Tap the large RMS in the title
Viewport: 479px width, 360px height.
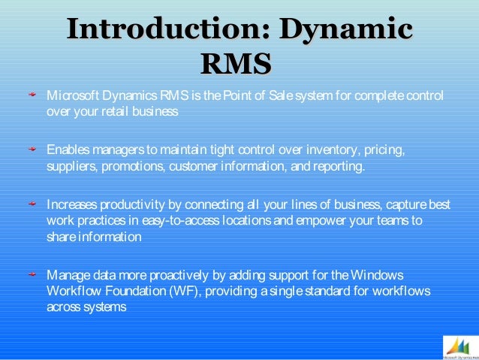pyautogui.click(x=236, y=64)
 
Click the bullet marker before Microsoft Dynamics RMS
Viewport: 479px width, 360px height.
pyautogui.click(x=32, y=96)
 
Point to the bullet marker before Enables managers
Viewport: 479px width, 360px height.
pyautogui.click(x=32, y=150)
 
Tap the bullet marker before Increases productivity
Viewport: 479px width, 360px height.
pyautogui.click(x=32, y=204)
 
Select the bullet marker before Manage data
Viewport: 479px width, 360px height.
pyautogui.click(x=32, y=274)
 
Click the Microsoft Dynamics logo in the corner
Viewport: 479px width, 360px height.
pyautogui.click(x=457, y=346)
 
